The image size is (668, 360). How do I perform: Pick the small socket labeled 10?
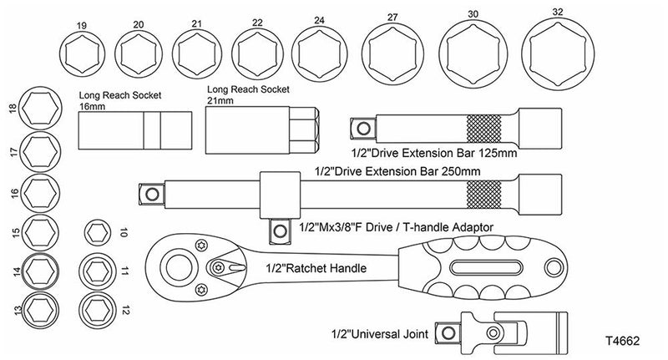[98, 233]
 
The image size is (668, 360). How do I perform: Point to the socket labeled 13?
[37, 308]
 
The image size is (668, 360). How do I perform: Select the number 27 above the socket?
[392, 16]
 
